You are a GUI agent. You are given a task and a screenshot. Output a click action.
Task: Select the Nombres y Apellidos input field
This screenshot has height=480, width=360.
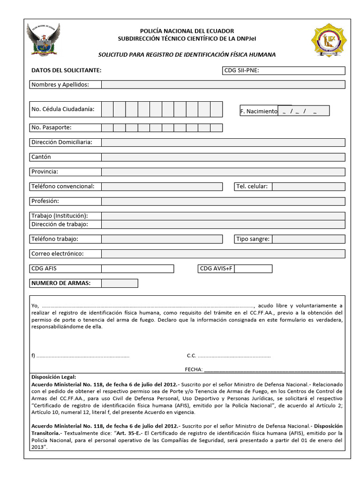point(223,85)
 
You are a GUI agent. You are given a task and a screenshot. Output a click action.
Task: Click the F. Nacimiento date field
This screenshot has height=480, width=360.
point(304,111)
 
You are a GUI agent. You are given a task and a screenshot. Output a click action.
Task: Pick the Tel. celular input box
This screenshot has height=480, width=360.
point(308,187)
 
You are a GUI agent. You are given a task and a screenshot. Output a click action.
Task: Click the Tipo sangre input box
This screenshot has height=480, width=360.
point(308,239)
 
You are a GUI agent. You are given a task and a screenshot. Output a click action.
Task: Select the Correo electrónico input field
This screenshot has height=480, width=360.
point(223,254)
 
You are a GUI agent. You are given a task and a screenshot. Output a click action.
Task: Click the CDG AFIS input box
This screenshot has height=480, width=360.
point(137,269)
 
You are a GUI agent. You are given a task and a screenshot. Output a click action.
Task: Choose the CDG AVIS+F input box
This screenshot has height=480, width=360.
point(253,269)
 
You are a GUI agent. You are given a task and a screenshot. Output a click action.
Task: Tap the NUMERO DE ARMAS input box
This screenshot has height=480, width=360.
point(120,283)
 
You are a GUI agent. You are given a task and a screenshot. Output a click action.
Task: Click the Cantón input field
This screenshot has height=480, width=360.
point(223,157)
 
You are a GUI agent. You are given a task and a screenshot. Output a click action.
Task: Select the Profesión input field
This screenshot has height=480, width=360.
point(223,201)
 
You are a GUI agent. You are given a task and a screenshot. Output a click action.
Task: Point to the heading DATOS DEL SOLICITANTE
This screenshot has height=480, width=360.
point(66,71)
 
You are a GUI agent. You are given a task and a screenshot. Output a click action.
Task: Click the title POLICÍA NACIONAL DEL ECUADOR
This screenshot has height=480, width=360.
point(187,31)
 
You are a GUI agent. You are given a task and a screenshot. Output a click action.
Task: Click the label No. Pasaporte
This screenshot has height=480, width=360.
point(52,127)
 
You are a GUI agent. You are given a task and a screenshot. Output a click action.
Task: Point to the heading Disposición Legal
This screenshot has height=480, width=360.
point(53,376)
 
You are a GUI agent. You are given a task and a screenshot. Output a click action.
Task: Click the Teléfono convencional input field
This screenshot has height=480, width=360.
point(162,187)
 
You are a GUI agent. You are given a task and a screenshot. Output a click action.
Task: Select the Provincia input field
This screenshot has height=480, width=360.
point(223,172)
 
